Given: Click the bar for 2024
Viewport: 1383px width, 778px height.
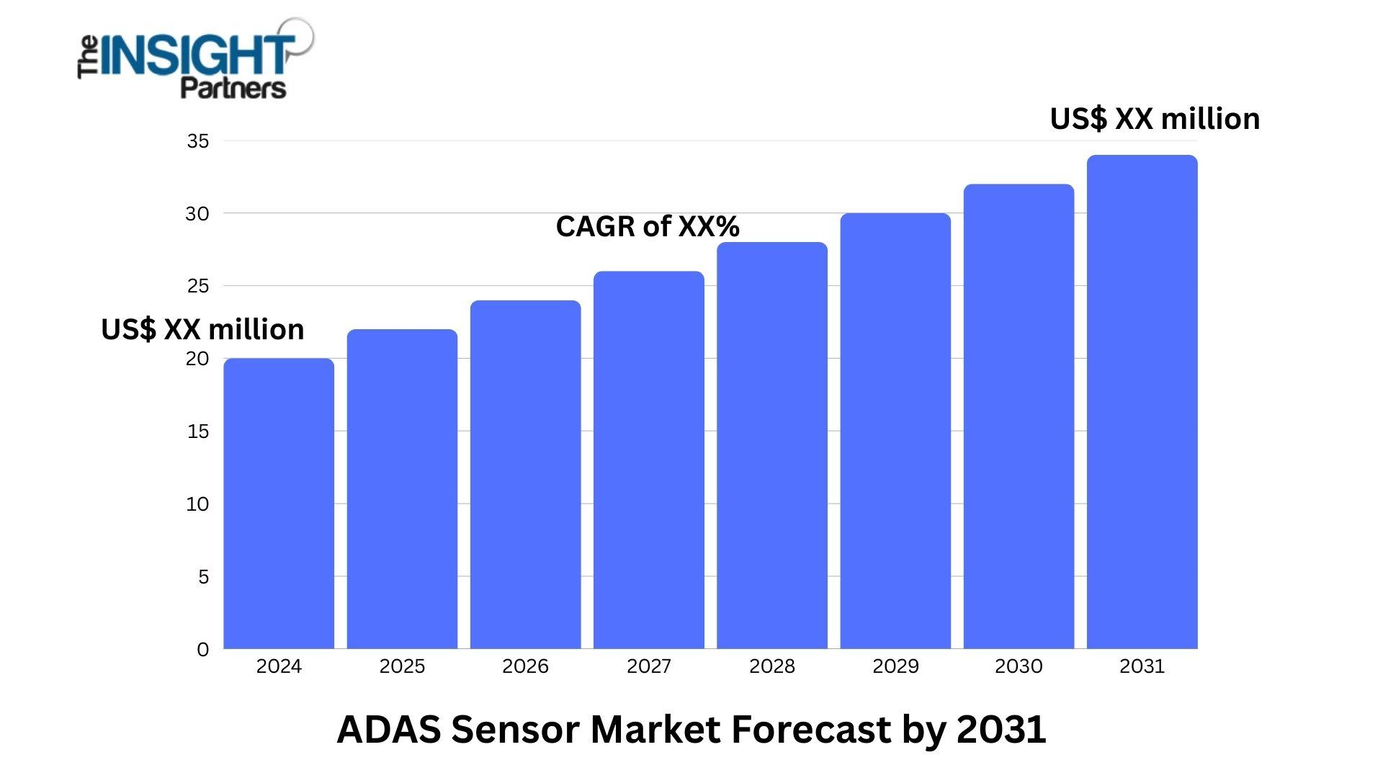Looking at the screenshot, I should [x=279, y=504].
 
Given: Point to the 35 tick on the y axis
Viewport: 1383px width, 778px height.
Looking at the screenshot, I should [x=197, y=141].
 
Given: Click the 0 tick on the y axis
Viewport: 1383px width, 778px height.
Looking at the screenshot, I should [x=202, y=649].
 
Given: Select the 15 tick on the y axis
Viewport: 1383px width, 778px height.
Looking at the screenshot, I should [x=197, y=432].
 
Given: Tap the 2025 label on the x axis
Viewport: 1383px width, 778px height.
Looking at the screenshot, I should [x=402, y=666].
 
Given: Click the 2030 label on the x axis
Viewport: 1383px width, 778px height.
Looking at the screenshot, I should [x=1019, y=666].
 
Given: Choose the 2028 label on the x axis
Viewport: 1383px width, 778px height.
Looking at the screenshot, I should [x=771, y=666].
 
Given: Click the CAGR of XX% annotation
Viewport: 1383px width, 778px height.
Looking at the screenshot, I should [x=647, y=226].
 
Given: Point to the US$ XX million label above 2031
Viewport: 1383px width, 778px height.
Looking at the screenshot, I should [x=1155, y=119].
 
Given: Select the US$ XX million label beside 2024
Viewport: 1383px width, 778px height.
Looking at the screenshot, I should [x=202, y=329].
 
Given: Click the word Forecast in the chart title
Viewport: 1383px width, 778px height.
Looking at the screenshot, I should [x=810, y=729].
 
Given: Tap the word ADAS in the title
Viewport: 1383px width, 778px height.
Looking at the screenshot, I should [x=388, y=729].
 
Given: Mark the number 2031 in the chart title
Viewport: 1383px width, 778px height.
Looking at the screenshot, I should [x=1001, y=729].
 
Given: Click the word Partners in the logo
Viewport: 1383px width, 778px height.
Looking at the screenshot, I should [x=233, y=88].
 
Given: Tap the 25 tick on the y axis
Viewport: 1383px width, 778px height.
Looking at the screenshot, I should [x=197, y=286].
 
